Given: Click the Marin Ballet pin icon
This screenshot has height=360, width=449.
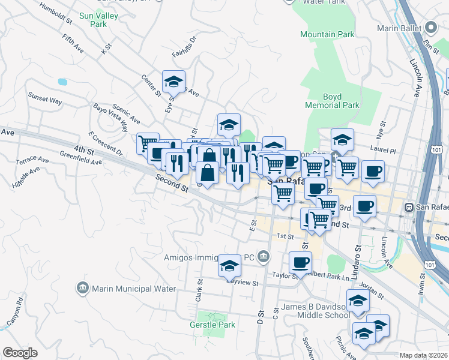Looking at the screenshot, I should pyautogui.click(x=431, y=28).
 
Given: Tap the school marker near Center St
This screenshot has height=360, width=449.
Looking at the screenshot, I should pyautogui.click(x=173, y=81).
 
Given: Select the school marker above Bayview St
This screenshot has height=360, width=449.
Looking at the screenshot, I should pyautogui.click(x=229, y=266).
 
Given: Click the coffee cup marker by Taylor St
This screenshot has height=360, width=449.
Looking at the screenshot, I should pyautogui.click(x=301, y=262).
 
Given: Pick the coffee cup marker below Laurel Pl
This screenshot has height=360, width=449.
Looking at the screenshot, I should pyautogui.click(x=373, y=171).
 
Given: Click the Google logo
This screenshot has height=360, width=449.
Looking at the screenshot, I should pyautogui.click(x=20, y=352).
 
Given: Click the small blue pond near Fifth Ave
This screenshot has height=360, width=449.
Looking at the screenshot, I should pyautogui.click(x=62, y=81).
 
